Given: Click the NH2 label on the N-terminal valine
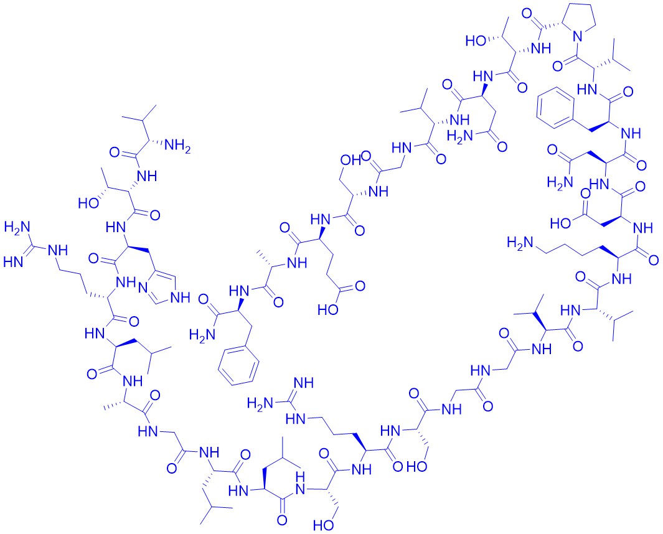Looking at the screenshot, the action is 177,147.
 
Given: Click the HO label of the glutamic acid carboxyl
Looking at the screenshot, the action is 328,310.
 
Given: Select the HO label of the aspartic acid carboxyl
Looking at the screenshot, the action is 561,222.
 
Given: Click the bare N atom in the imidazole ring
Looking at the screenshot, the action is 143,288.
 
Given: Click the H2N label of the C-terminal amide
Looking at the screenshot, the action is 202,335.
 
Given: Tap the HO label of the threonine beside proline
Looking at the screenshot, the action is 476,41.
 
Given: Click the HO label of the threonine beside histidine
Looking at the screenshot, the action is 89,203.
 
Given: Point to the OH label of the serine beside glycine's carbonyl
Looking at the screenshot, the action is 351,160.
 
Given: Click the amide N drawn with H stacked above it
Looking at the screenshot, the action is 301,484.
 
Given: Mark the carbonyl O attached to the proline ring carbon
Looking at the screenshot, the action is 527,13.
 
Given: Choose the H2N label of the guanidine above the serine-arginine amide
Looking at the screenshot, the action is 260,403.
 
